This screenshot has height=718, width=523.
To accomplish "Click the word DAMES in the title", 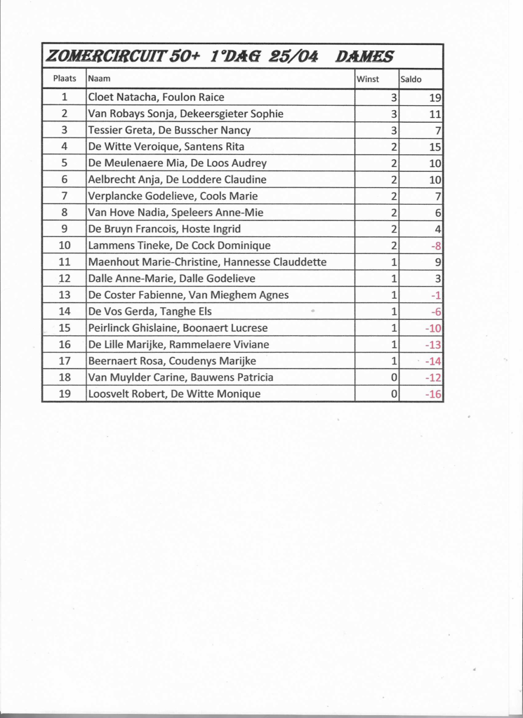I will pyautogui.click(x=364, y=57).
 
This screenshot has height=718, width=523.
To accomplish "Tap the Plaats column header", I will pyautogui.click(x=65, y=79).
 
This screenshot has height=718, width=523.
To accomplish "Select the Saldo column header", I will pyautogui.click(x=411, y=79).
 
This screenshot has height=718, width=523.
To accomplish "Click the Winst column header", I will pyautogui.click(x=368, y=79).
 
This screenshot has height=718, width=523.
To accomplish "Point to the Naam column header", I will pyautogui.click(x=99, y=79).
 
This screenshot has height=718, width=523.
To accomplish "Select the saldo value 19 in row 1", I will pyautogui.click(x=435, y=97).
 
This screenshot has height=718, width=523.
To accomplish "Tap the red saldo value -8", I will pyautogui.click(x=435, y=245).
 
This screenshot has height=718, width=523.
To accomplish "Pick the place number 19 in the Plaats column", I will pyautogui.click(x=65, y=393).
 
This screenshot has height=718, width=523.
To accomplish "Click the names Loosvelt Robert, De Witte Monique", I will pyautogui.click(x=174, y=393).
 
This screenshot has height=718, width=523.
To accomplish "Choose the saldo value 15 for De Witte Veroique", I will pyautogui.click(x=435, y=147).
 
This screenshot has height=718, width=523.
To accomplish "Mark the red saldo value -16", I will pyautogui.click(x=433, y=394).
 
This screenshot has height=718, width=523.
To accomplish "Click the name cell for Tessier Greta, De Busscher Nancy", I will pyautogui.click(x=169, y=130).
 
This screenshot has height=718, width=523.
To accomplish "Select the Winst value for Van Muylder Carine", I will pyautogui.click(x=395, y=377).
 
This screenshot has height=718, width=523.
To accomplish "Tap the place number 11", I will pyautogui.click(x=65, y=262).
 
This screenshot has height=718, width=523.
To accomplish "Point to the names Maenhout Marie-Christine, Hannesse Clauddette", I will pyautogui.click(x=207, y=262).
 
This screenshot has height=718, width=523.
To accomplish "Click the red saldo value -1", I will pyautogui.click(x=436, y=295).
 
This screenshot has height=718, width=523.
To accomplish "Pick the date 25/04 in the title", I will pyautogui.click(x=289, y=57).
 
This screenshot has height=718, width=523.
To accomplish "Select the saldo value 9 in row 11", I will pyautogui.click(x=437, y=262).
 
